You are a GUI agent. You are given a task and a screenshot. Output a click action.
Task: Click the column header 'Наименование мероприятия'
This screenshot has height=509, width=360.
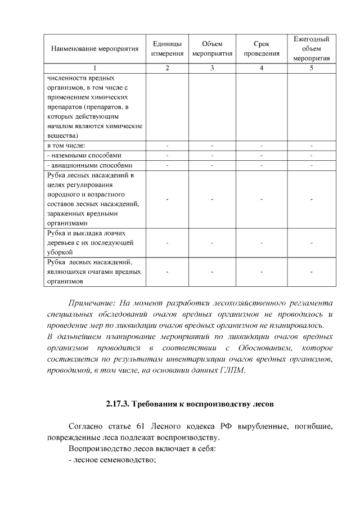94,49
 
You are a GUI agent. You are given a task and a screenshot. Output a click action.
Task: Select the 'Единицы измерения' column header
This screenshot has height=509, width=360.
167,49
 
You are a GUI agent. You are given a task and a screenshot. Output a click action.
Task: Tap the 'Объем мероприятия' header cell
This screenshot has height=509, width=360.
212,49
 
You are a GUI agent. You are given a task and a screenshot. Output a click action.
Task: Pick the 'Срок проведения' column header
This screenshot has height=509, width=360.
262,49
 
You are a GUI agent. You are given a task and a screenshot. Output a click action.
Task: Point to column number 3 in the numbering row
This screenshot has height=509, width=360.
212,68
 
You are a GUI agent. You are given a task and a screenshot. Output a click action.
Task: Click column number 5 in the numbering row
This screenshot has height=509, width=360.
311,68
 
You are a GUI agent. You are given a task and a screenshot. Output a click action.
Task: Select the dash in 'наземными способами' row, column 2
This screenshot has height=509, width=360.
167,155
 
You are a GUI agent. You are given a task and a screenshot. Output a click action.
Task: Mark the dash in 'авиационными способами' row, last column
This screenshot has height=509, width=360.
311,165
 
